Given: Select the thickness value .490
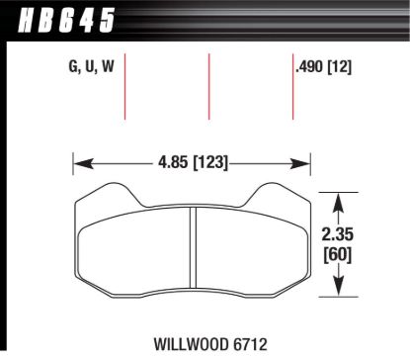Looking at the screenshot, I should pos(314,68).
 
